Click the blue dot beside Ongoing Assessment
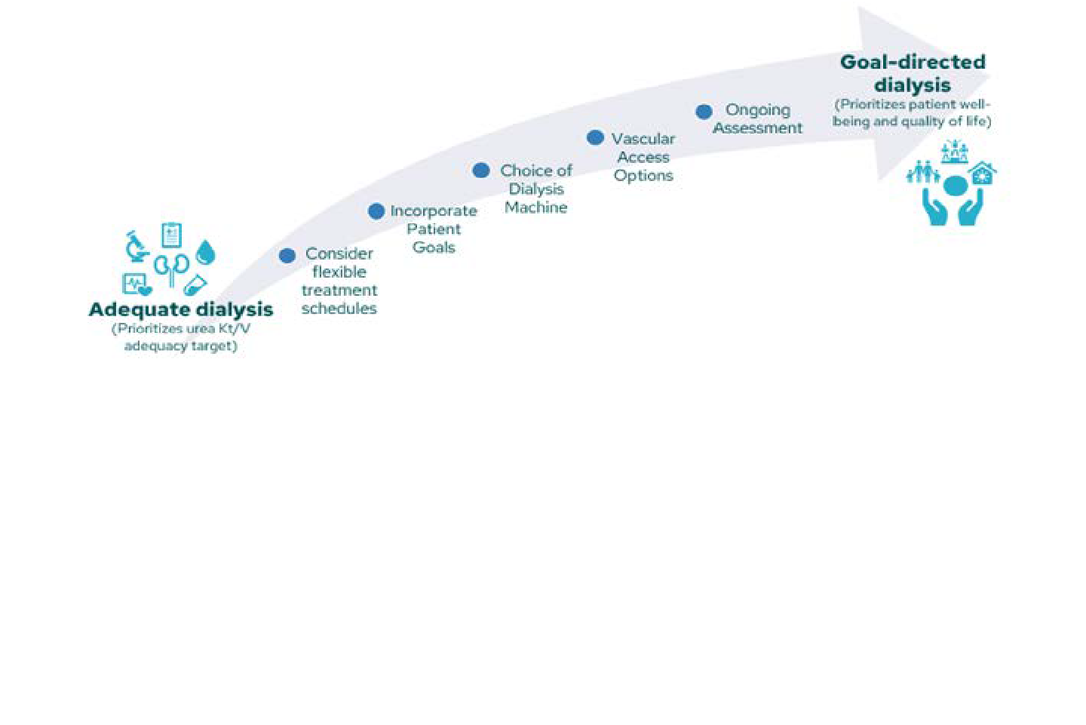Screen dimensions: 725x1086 [x=704, y=112]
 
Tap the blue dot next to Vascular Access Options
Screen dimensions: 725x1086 [x=595, y=137]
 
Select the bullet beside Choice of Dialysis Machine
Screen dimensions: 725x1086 [x=481, y=170]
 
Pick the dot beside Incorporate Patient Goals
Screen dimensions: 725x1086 [x=376, y=211]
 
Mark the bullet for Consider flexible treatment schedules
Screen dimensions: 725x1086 [x=287, y=256]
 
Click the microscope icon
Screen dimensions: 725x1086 [x=137, y=246]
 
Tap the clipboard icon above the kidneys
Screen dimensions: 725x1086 [x=172, y=235]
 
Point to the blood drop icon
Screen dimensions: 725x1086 [x=205, y=252]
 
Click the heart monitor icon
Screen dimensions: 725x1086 [x=137, y=284]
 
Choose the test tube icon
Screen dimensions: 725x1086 [x=195, y=285]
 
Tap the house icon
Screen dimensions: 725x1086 [x=983, y=174]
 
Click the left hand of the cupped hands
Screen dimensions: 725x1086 [x=935, y=207]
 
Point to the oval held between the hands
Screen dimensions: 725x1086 [x=956, y=186]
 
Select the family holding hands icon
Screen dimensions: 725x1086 [x=922, y=173]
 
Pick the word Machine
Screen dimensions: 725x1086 [x=536, y=207]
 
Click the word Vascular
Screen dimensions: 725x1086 [x=643, y=139]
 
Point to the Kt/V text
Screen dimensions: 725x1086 [x=234, y=329]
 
